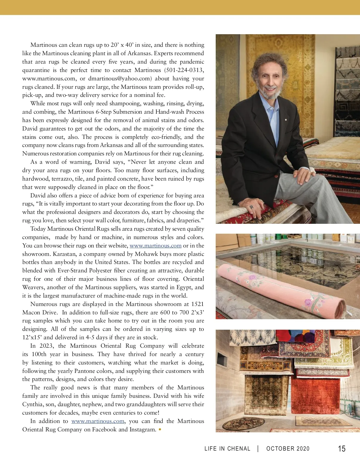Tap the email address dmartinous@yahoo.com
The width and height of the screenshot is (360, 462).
pos(119,79)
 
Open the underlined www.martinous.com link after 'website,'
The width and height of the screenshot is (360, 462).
pos(155,246)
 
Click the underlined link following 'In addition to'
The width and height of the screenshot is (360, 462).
pos(97,421)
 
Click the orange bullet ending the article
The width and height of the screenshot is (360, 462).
pos(160,430)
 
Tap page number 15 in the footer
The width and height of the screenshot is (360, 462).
pos(342,449)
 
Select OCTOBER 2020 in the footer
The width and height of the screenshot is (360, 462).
pos(288,449)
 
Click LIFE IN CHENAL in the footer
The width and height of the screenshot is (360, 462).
pos(227,449)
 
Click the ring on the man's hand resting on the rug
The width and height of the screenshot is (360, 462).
pos(252,207)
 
